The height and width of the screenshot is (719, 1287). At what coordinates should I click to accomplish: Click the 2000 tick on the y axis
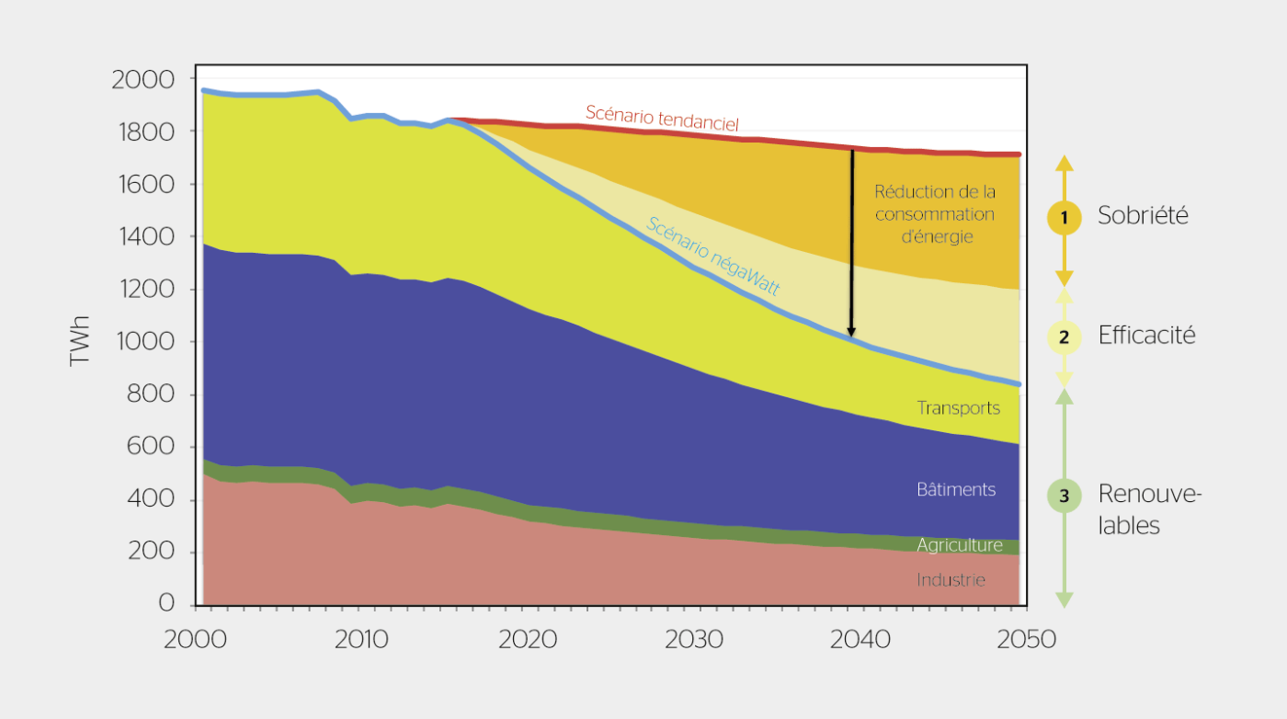coord(142,80)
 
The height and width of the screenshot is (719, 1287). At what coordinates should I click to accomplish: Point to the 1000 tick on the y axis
coord(142,343)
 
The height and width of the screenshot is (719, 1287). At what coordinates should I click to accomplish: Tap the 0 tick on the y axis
coord(165,604)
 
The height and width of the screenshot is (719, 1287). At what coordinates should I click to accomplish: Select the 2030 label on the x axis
coord(694,639)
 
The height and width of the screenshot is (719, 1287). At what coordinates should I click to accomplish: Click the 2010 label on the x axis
coord(361,639)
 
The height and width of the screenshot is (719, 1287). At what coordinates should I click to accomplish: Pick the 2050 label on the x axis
coord(1027,639)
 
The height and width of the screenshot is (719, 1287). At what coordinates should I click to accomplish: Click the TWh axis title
coord(81,342)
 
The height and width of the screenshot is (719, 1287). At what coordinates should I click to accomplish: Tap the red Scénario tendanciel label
coord(662,118)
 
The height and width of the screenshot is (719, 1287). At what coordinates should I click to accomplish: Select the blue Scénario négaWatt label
coord(712,256)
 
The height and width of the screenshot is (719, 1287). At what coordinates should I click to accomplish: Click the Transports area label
coord(958,407)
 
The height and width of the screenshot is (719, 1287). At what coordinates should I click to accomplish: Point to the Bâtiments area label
coord(956,489)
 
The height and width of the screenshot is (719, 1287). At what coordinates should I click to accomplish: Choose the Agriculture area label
coord(959,545)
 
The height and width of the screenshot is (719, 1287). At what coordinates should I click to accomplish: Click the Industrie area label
coord(951,580)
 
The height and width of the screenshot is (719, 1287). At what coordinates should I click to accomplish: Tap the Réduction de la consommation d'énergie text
coord(934,214)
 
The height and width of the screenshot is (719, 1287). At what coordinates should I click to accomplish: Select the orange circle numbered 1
coord(1064,218)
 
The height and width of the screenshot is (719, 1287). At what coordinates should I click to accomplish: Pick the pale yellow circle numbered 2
coord(1064,337)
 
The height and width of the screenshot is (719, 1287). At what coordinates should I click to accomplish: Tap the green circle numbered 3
coord(1064,496)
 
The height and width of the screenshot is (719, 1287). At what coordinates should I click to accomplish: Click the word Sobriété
coord(1143,215)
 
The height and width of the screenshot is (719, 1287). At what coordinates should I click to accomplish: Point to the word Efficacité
coord(1146,336)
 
